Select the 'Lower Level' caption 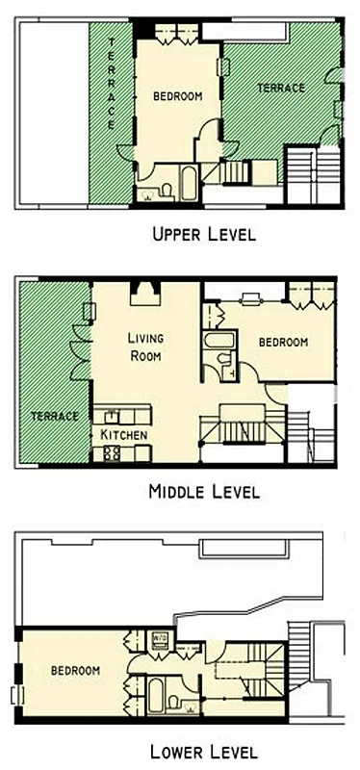204,750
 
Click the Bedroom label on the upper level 178,95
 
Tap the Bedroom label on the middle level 283,342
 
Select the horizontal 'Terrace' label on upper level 281,89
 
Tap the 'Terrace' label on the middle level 53,416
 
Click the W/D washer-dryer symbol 161,636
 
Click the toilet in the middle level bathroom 224,360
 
